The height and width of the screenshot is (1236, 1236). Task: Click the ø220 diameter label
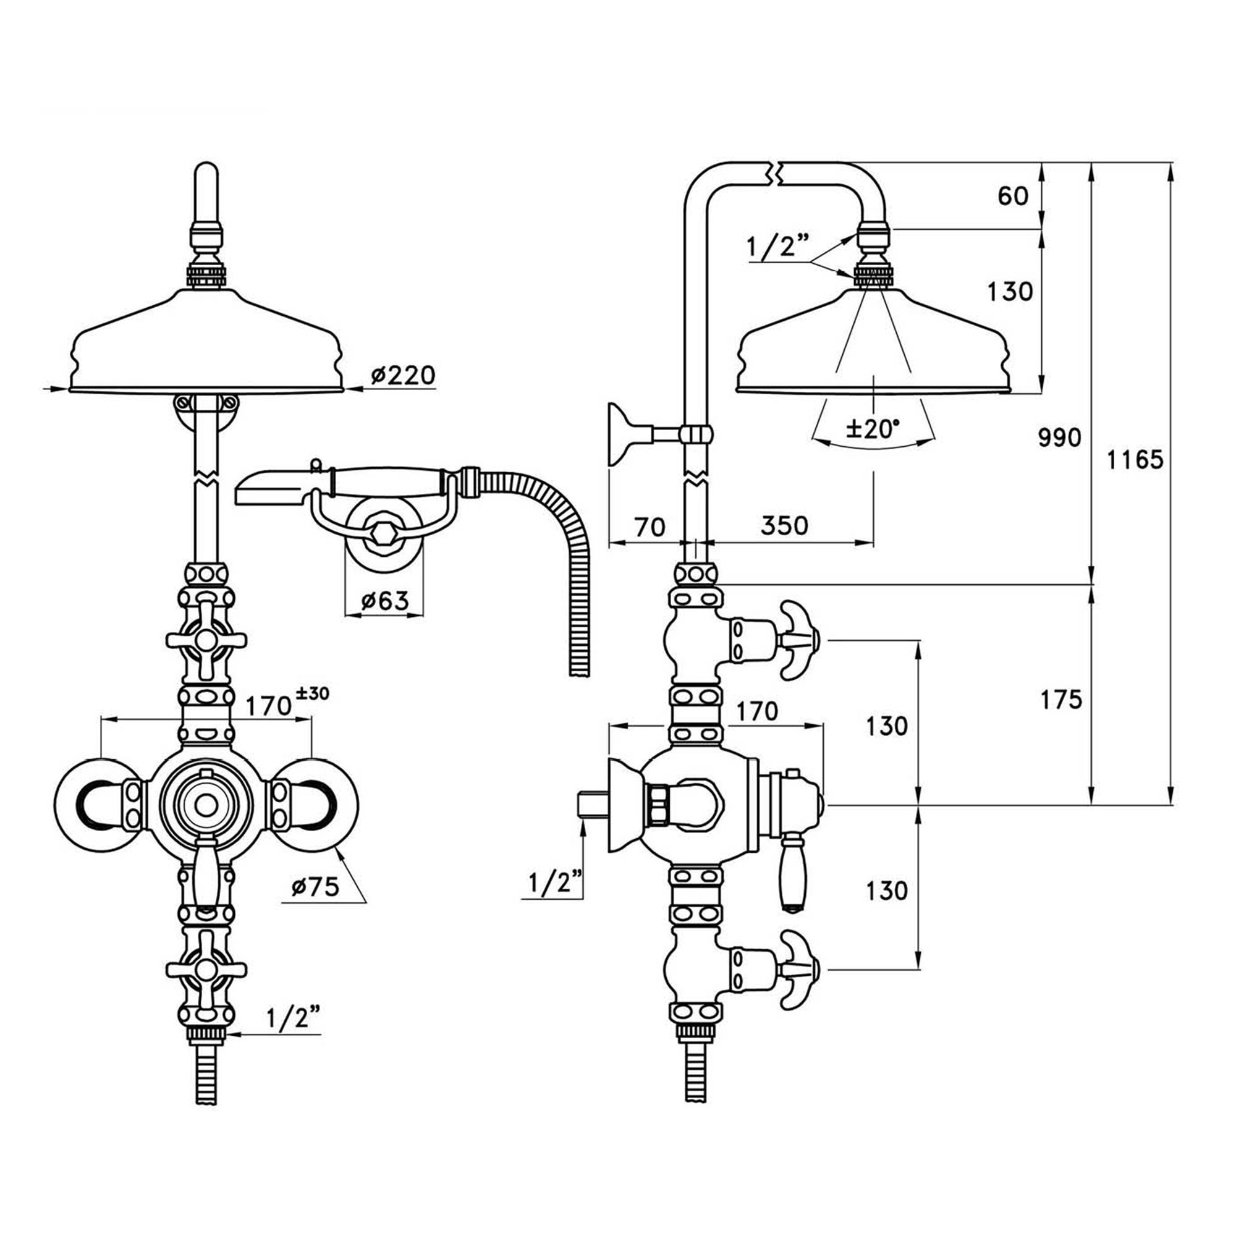tap(402, 375)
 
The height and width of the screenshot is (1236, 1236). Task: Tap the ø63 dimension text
tap(384, 601)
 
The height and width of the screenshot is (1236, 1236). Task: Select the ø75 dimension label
tap(314, 887)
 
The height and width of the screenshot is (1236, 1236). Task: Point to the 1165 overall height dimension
tap(1135, 459)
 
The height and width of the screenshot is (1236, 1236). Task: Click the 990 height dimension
tap(1059, 437)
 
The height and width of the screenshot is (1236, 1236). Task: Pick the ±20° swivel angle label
tap(873, 428)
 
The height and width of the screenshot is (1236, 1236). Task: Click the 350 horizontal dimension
tap(784, 525)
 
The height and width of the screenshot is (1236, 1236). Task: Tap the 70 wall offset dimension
tap(650, 527)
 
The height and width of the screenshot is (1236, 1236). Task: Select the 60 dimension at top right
tap(1014, 196)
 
